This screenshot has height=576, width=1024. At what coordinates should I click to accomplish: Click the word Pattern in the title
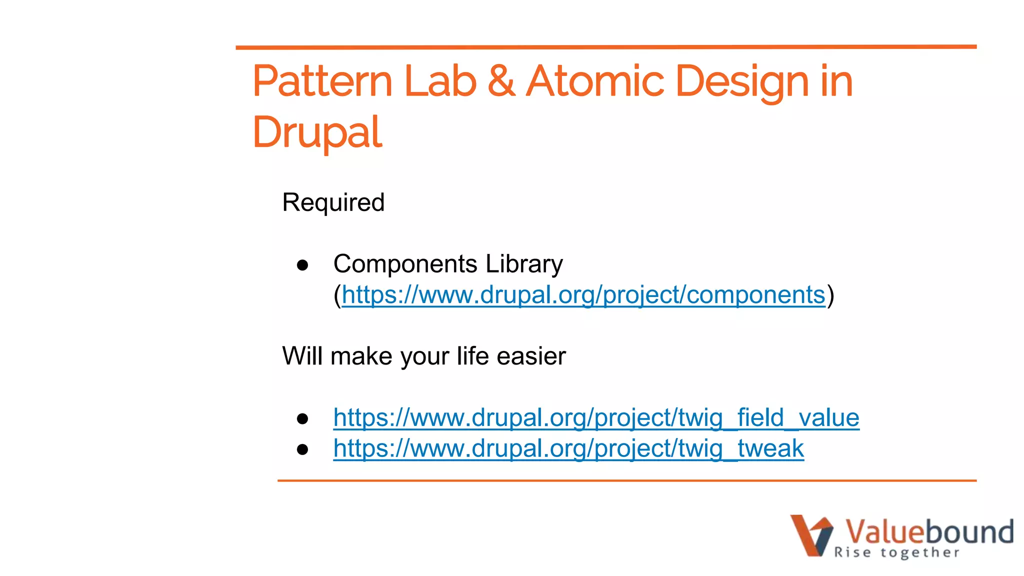pyautogui.click(x=322, y=81)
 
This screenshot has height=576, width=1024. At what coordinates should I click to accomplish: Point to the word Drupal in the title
pyautogui.click(x=317, y=132)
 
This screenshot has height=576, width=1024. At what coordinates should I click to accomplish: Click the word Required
pyautogui.click(x=333, y=202)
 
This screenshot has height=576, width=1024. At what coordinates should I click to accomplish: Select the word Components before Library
pyautogui.click(x=405, y=263)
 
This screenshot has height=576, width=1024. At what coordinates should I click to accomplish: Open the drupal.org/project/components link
pyautogui.click(x=583, y=295)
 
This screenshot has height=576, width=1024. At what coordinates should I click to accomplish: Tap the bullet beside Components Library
pyautogui.click(x=302, y=264)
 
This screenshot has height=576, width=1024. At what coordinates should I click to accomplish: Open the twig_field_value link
pyautogui.click(x=596, y=418)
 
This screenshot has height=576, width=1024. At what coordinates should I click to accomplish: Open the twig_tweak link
pyautogui.click(x=568, y=448)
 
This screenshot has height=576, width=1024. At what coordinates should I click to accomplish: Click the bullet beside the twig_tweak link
pyautogui.click(x=302, y=449)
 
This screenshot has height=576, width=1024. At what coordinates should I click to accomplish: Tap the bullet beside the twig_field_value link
pyautogui.click(x=302, y=418)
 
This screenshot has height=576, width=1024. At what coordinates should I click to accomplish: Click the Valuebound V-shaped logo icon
pyautogui.click(x=811, y=534)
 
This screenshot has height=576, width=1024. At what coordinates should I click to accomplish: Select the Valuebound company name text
pyautogui.click(x=929, y=531)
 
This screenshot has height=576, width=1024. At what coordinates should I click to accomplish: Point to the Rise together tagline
pyautogui.click(x=896, y=552)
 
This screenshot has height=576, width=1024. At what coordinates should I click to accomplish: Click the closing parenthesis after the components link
pyautogui.click(x=830, y=295)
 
